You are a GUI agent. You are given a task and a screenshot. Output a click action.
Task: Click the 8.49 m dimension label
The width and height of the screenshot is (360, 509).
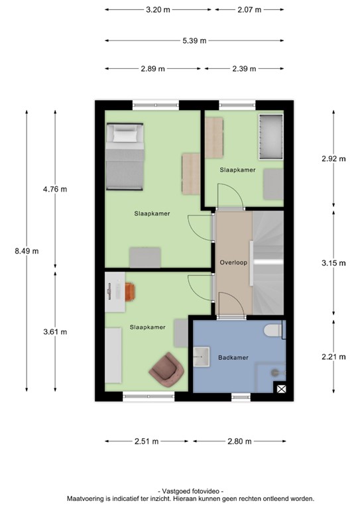(x=27, y=251)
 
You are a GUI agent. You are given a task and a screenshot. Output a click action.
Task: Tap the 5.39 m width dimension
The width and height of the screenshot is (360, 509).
(x=194, y=40)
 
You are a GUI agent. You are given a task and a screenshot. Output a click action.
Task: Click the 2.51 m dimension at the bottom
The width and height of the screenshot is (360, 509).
(x=147, y=441)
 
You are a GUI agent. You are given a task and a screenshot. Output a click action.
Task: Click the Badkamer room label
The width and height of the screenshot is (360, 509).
(x=233, y=357)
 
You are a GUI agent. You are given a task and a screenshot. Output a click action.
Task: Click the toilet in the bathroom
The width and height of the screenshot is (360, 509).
(x=272, y=330)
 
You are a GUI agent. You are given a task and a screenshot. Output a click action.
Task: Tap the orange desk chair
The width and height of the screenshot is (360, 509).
(x=129, y=290)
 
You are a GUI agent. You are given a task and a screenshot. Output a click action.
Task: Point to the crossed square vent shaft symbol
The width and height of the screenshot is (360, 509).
(x=281, y=389)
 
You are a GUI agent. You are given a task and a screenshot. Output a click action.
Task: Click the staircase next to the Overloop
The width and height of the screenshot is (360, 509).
(x=268, y=262)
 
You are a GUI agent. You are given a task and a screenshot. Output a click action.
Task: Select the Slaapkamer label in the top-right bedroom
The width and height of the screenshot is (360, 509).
(x=237, y=170)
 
